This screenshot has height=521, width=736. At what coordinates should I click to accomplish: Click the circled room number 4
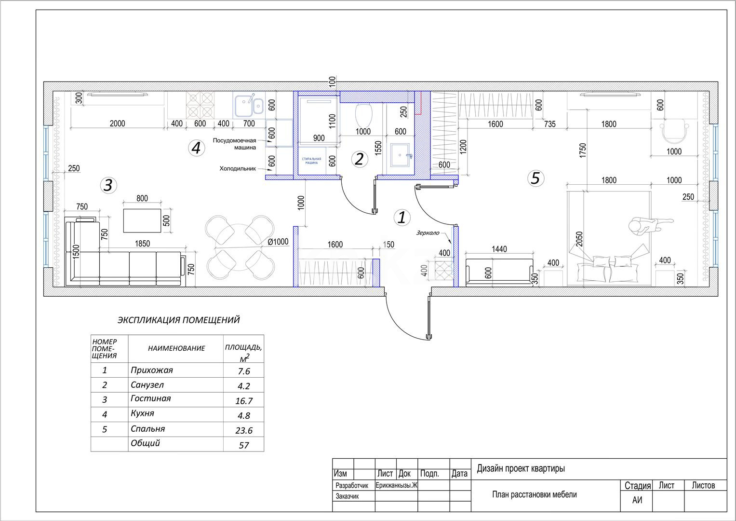coord(195,148)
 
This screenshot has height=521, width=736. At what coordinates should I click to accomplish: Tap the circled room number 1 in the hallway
coord(401,218)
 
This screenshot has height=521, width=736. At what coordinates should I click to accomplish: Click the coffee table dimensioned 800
coord(142,220)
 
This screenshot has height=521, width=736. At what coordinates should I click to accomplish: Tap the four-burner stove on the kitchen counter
coord(200,105)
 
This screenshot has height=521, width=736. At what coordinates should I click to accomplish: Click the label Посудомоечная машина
coord(235,144)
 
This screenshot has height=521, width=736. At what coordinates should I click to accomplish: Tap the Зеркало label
coord(428,233)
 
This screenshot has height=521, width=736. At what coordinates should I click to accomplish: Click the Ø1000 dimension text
coord(278,242)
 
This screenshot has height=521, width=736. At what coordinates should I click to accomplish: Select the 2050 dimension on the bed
coord(580,239)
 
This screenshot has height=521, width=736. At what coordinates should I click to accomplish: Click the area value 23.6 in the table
coord(243,430)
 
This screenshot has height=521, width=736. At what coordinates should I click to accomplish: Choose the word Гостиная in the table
coord(150,398)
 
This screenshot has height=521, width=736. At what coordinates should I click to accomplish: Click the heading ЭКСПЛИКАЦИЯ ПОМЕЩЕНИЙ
coord(178,320)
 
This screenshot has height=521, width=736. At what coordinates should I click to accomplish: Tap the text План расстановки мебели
coord(534,494)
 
